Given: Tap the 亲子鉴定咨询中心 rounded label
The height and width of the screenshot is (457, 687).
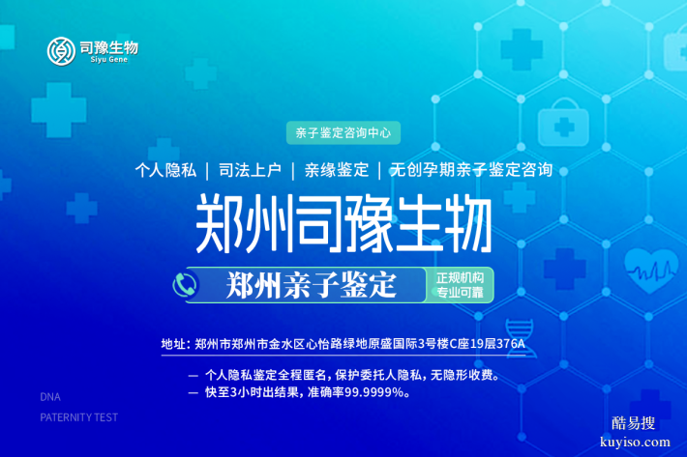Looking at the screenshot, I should click(x=343, y=130).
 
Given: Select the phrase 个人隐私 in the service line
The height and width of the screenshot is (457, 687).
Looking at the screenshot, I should click(x=165, y=170).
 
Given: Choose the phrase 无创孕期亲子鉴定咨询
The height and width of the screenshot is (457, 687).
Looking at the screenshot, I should click(x=470, y=170).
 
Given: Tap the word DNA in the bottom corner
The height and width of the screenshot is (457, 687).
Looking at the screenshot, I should click(x=49, y=397).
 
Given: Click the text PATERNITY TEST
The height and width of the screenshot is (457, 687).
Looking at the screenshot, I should click(x=78, y=417).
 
